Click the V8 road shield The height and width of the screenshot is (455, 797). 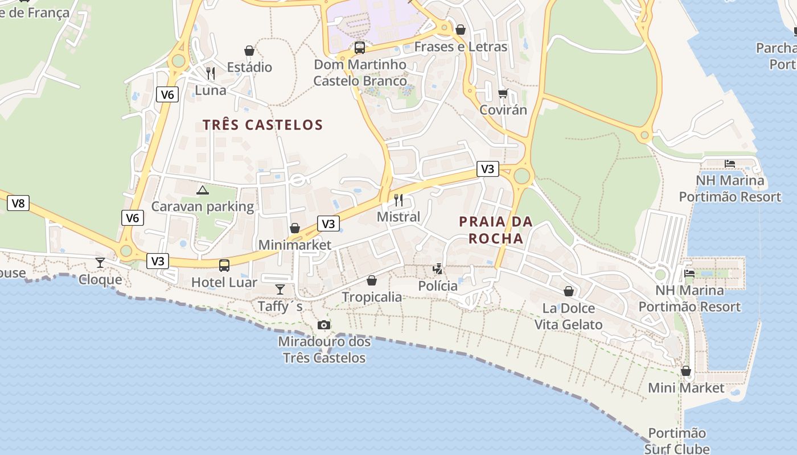tap(18, 203)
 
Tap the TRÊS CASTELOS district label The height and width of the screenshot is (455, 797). tap(262, 125)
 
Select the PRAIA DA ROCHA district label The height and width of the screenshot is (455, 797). tap(496, 230)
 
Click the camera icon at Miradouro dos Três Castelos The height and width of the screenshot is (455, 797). tap(324, 325)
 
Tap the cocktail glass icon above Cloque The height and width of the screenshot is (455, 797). tap(100, 262)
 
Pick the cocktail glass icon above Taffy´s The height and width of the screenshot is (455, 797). tap(280, 289)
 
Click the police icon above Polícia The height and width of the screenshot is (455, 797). tap(438, 269)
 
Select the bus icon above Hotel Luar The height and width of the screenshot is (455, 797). tap(224, 265)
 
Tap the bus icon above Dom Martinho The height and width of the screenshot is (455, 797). tap(360, 48)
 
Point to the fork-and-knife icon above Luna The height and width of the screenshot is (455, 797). tap(211, 73)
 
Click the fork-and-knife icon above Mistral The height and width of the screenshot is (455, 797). tap(398, 200)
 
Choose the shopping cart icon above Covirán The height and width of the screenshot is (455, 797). tap(503, 93)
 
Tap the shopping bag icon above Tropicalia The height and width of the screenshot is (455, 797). tap(372, 280)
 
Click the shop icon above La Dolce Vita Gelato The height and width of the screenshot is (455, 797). tap(568, 292)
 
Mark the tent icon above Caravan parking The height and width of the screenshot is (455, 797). tap(202, 190)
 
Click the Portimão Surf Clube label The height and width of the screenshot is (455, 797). tap(677, 441)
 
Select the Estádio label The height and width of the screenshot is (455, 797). tap(249, 67)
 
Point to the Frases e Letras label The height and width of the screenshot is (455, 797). tap(461, 47)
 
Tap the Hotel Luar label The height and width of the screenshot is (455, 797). tap(224, 282)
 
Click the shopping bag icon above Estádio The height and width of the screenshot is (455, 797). tap(249, 51)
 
